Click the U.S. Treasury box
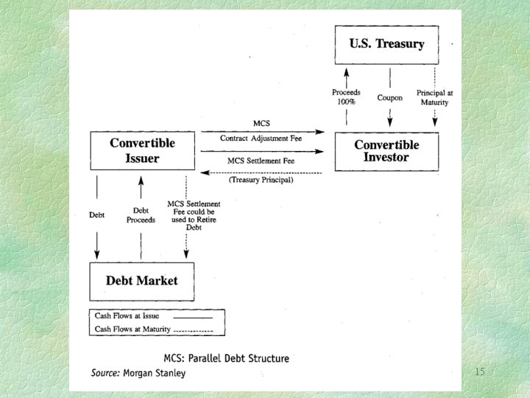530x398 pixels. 386,44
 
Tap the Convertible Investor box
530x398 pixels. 386,152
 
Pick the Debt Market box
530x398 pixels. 141,281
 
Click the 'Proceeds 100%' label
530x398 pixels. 346,97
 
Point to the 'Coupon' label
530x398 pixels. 389,98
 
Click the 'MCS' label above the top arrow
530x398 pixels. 261,123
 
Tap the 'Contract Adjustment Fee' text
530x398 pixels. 261,138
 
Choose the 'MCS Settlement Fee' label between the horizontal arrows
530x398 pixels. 261,161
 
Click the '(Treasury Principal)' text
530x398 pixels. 261,180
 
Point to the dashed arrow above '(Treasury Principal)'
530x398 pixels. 262,172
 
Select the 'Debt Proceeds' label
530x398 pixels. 141,215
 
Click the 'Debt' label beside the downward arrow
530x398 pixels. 96,215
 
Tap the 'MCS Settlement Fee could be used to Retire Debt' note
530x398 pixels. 186,215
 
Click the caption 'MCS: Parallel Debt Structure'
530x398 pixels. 226,358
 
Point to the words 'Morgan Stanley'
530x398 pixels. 155,373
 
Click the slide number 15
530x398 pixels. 479,372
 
